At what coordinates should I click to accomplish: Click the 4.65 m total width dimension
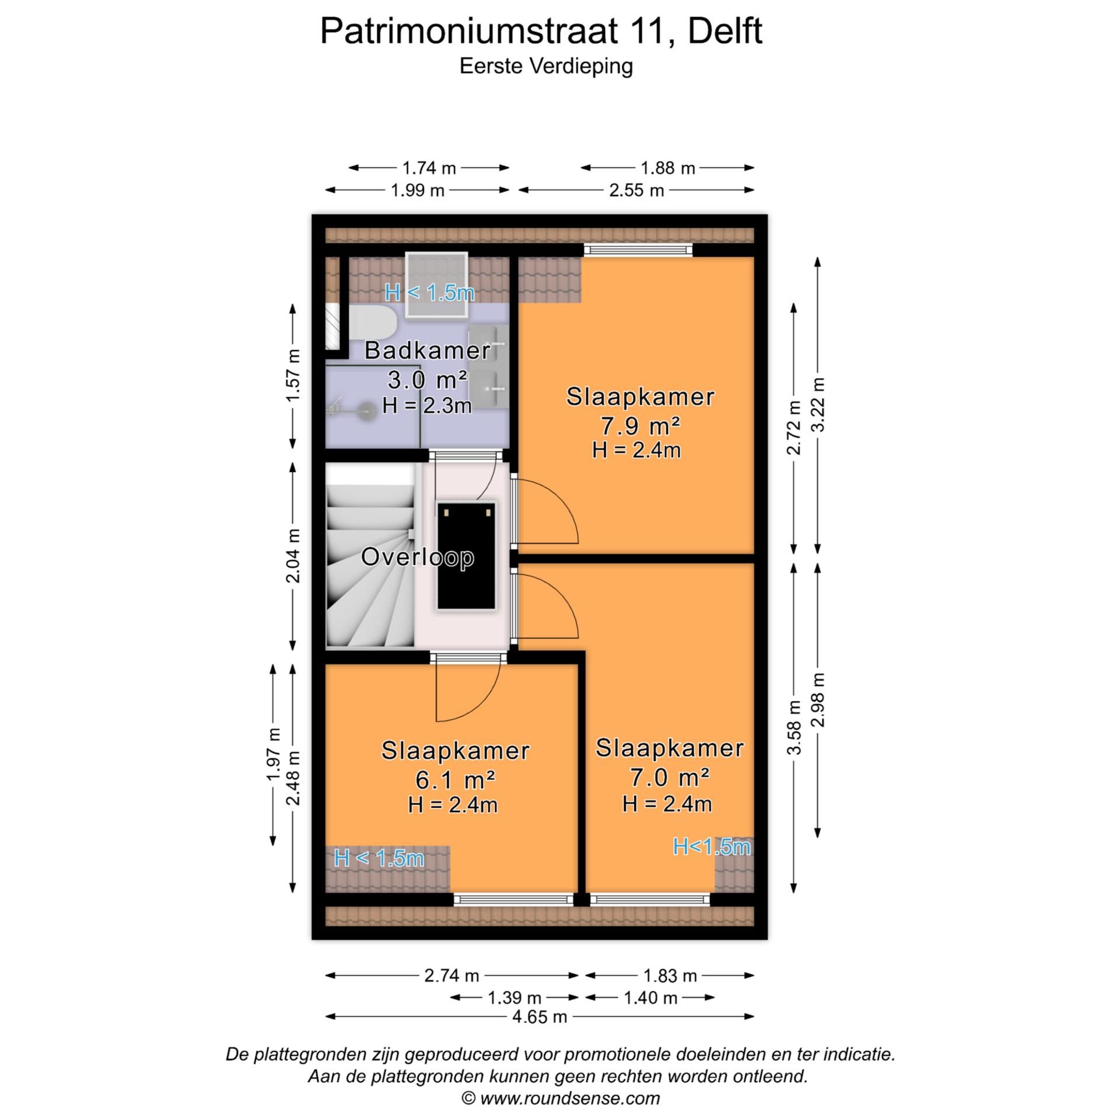coord(539,1017)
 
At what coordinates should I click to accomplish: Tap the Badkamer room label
coord(427,351)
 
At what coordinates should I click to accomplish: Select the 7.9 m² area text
coord(640,426)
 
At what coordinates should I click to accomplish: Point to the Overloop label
coord(417,556)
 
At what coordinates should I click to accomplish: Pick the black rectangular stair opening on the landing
coord(467,555)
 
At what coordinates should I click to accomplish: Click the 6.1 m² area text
coord(455,779)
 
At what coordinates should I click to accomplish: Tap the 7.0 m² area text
coord(669,777)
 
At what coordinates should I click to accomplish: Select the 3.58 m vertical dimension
coord(794,727)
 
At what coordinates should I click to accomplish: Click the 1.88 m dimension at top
coord(668,168)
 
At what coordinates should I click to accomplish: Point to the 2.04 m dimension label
coord(293,555)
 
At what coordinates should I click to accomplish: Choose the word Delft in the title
coord(724,32)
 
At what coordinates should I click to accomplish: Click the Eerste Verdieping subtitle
coord(546,66)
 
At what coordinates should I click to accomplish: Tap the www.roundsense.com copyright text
coord(561,1098)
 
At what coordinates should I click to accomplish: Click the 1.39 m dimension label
coord(514,998)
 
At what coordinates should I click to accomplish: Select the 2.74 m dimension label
coord(452,975)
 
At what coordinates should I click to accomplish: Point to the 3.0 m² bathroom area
coord(427,380)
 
